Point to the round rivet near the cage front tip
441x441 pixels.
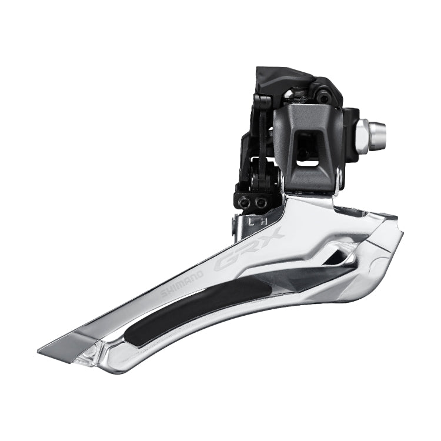pyautogui.click(x=92, y=353)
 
